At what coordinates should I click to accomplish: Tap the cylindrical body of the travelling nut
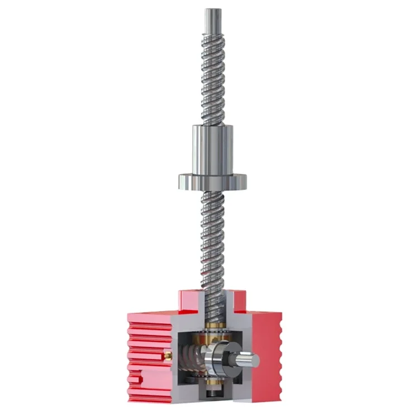213,148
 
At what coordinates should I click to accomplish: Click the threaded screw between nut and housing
213,240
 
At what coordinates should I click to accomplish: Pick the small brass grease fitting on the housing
166,353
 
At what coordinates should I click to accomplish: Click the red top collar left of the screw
190,299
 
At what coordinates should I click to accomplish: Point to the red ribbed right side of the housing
274,352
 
